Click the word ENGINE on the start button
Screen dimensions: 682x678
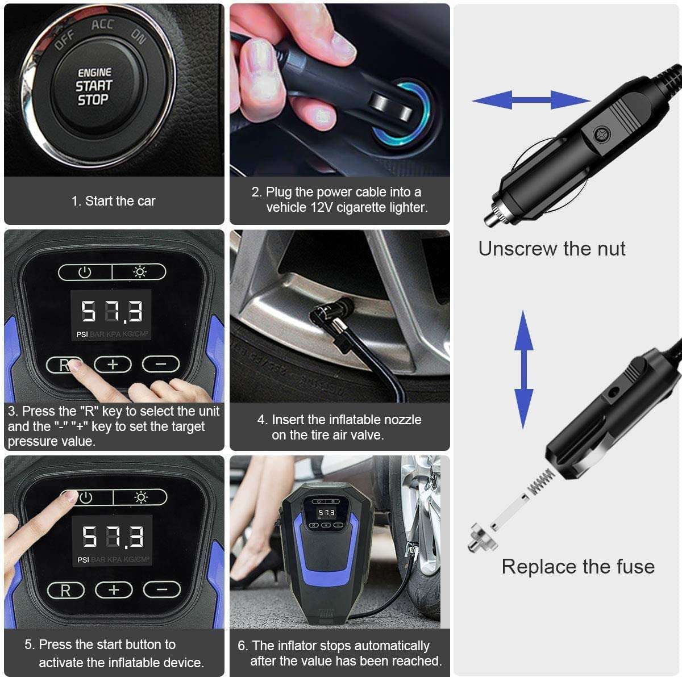[94, 73]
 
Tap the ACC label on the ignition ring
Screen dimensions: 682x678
[102, 25]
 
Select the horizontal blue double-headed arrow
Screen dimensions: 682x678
[531, 100]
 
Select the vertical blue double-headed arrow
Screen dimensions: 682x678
[524, 370]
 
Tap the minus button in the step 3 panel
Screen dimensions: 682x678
[161, 364]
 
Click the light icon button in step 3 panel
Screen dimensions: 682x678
[139, 272]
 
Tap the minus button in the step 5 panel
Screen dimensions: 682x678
[162, 589]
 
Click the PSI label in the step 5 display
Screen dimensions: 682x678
[83, 560]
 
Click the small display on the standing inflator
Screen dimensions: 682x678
[326, 512]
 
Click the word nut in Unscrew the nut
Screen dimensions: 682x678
[611, 248]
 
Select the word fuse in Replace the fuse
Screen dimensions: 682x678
[635, 567]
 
